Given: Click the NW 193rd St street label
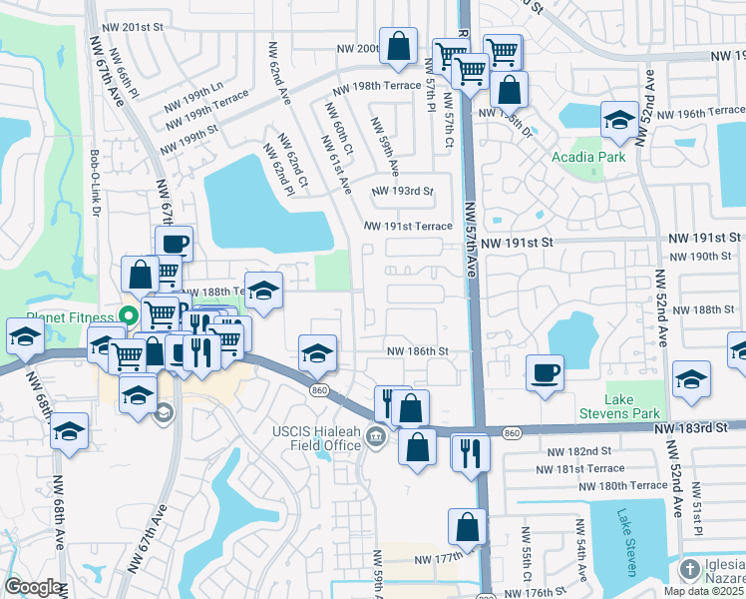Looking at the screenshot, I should (402, 191).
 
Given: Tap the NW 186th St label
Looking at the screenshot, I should (418, 351).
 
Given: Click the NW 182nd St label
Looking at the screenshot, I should (570, 452).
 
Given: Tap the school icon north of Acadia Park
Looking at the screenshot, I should (619, 121).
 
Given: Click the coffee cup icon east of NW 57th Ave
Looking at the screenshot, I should (545, 373).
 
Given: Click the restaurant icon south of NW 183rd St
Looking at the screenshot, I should (470, 452).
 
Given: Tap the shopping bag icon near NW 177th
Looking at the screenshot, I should (467, 527).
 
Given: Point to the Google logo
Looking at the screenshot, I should (32, 587).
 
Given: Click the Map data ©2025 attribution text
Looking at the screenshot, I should (704, 591).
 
